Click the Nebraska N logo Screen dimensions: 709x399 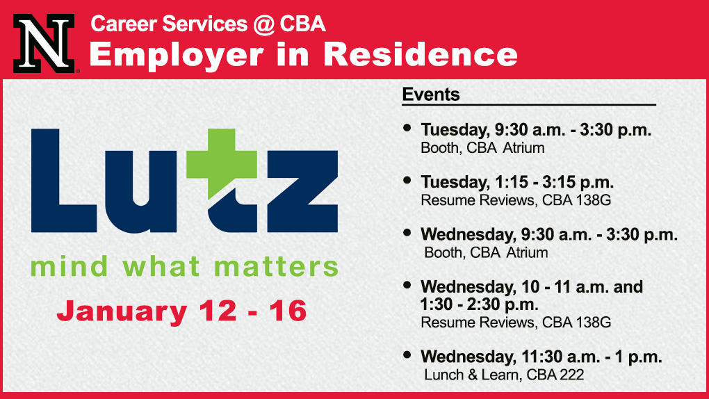pos(44,43)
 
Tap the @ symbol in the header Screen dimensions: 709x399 pos(263,24)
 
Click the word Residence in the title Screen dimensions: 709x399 pos(421,55)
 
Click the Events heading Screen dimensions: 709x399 pos(431,94)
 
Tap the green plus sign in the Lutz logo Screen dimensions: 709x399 pos(221,163)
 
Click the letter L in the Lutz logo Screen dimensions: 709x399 pos(63,181)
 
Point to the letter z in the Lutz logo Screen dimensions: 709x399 pos(302,191)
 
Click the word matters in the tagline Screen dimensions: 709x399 pos(276,266)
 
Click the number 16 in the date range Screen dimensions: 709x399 pos(288,311)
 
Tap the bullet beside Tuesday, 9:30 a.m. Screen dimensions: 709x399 pos(407,128)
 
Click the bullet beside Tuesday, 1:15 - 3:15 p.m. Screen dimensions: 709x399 pos(407,181)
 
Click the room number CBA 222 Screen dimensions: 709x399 pos(555,375)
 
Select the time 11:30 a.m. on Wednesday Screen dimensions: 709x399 pos(561,357)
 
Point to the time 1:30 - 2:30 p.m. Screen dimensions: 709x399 pos(480,304)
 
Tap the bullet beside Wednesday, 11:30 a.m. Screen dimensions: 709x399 pos(407,355)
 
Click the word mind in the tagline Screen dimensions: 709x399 pos(70,266)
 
